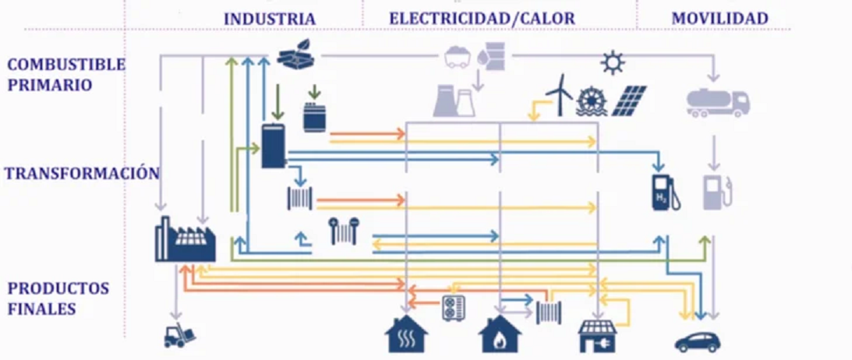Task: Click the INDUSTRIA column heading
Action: click(270, 19)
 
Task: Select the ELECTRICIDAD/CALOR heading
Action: click(482, 19)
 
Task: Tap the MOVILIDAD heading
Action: click(719, 19)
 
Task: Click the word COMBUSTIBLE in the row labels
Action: click(65, 65)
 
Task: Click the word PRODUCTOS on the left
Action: click(58, 288)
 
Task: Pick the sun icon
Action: click(613, 62)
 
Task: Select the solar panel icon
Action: click(629, 100)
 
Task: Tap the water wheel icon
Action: click(592, 101)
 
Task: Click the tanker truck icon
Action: click(717, 101)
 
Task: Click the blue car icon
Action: click(697, 341)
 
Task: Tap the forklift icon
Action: click(180, 335)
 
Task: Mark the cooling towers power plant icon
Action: click(454, 101)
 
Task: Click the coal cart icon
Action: click(457, 56)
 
